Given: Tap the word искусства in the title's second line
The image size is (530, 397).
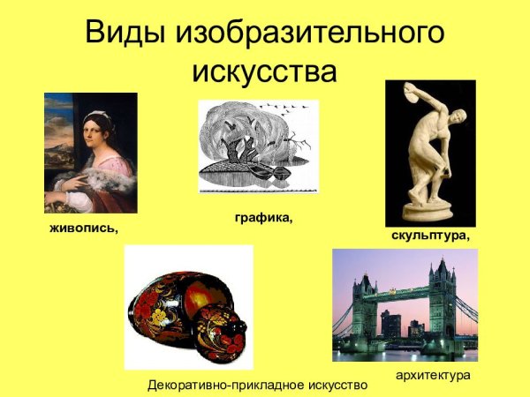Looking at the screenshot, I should tap(264, 71).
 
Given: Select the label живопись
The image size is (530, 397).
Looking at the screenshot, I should tap(82, 228).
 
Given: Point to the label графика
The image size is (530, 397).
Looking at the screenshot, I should tap(263, 215).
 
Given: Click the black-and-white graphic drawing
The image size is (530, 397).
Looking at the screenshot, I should tap(256, 146).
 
